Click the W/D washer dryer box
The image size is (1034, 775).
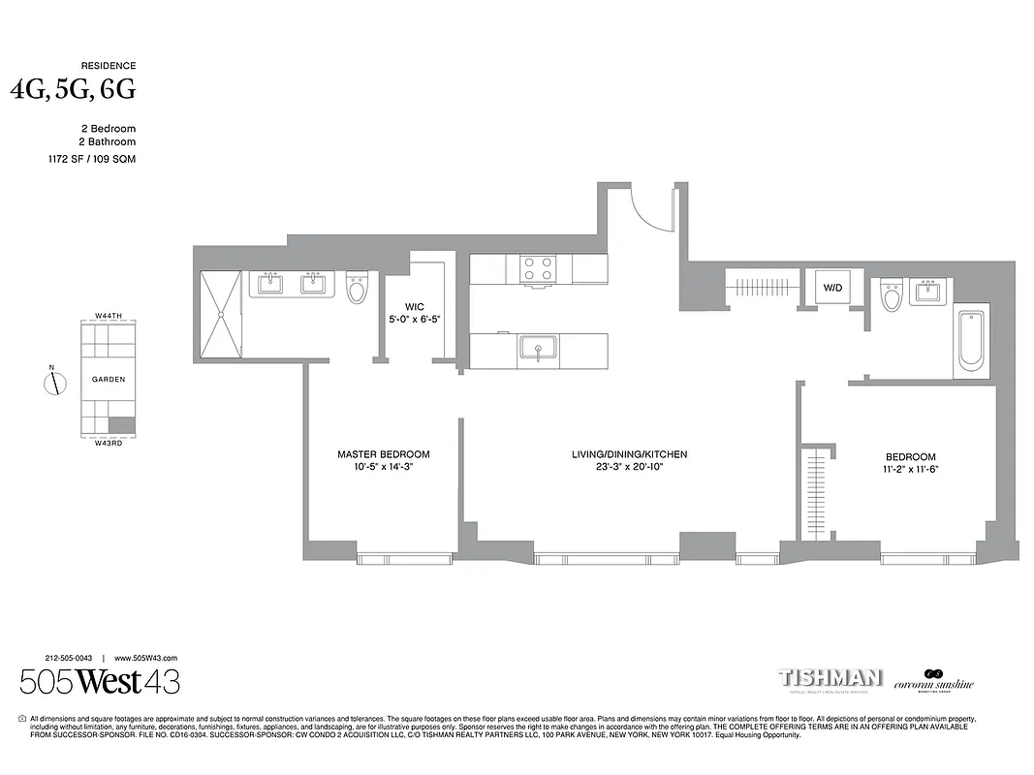pos(831,288)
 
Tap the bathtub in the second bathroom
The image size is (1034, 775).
pos(972,340)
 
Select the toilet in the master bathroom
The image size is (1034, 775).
pos(358,288)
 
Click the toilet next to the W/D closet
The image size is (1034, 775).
pos(892,294)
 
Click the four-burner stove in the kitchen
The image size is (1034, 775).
pos(538,268)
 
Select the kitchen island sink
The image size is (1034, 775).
pos(537,349)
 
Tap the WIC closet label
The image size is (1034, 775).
pos(415,307)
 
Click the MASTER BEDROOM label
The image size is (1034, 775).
pos(383,454)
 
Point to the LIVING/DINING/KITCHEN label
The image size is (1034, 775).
pos(628,454)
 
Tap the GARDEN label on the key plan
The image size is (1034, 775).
pos(108,381)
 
